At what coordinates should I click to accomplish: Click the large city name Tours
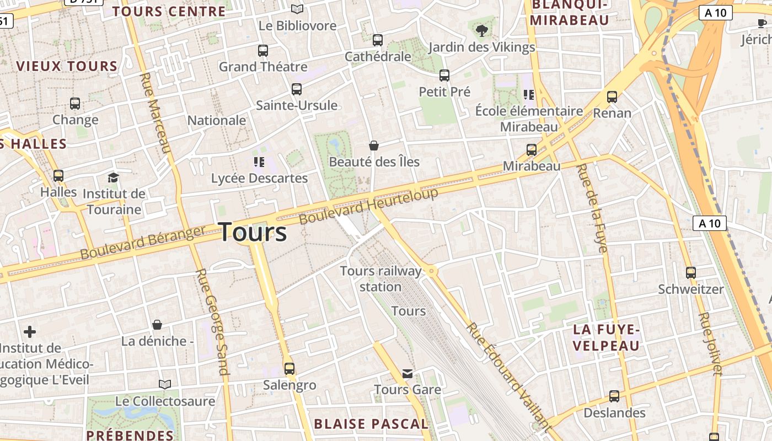pyautogui.click(x=253, y=232)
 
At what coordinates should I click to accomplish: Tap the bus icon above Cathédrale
pyautogui.click(x=378, y=40)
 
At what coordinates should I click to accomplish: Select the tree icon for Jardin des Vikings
pyautogui.click(x=482, y=30)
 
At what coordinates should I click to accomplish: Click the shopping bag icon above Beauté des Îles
pyautogui.click(x=374, y=146)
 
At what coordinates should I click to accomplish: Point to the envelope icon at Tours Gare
pyautogui.click(x=408, y=374)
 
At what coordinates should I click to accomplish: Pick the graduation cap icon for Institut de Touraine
pyautogui.click(x=113, y=178)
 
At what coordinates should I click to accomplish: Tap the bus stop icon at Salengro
pyautogui.click(x=289, y=368)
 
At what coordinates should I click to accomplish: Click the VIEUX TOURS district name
pyautogui.click(x=67, y=67)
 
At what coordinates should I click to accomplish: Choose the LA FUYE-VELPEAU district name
pyautogui.click(x=606, y=338)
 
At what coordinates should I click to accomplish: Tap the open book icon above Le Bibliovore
pyautogui.click(x=297, y=9)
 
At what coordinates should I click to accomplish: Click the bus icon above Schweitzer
pyautogui.click(x=690, y=272)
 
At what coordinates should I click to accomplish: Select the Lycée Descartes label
pyautogui.click(x=260, y=179)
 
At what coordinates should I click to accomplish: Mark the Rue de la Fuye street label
pyautogui.click(x=592, y=208)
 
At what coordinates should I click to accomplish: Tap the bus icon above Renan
pyautogui.click(x=612, y=97)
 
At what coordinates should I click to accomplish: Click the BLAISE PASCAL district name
pyautogui.click(x=371, y=424)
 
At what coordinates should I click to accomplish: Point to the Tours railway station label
pyautogui.click(x=380, y=279)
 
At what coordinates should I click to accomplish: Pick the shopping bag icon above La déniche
pyautogui.click(x=157, y=325)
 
